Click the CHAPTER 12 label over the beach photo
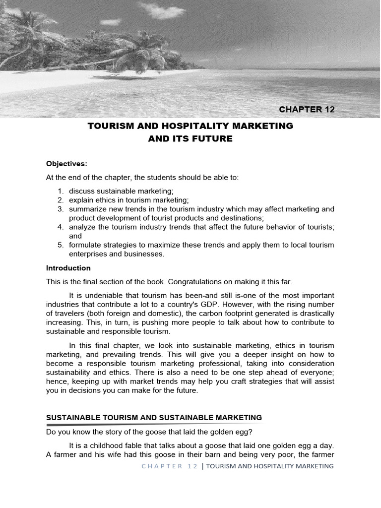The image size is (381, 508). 307,110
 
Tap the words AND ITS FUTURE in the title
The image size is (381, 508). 190,139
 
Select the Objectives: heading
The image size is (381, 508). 66,163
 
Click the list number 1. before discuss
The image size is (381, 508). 61,191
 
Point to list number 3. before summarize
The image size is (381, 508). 61,209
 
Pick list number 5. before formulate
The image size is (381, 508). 61,245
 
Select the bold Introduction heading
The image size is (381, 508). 68,268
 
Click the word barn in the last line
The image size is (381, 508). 210,454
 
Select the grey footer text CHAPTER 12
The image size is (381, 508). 170,466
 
